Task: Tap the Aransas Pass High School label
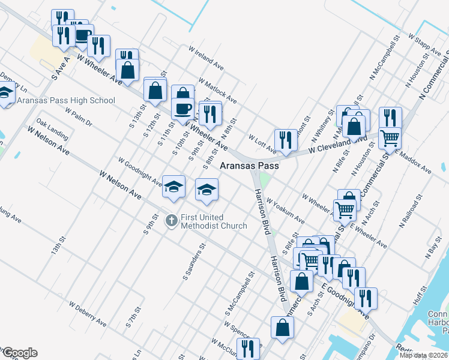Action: pos(66,100)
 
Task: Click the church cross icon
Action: pos(171,220)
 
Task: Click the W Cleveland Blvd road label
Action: pos(338,144)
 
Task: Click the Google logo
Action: pos(19,353)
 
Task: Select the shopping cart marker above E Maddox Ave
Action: pos(390,139)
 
